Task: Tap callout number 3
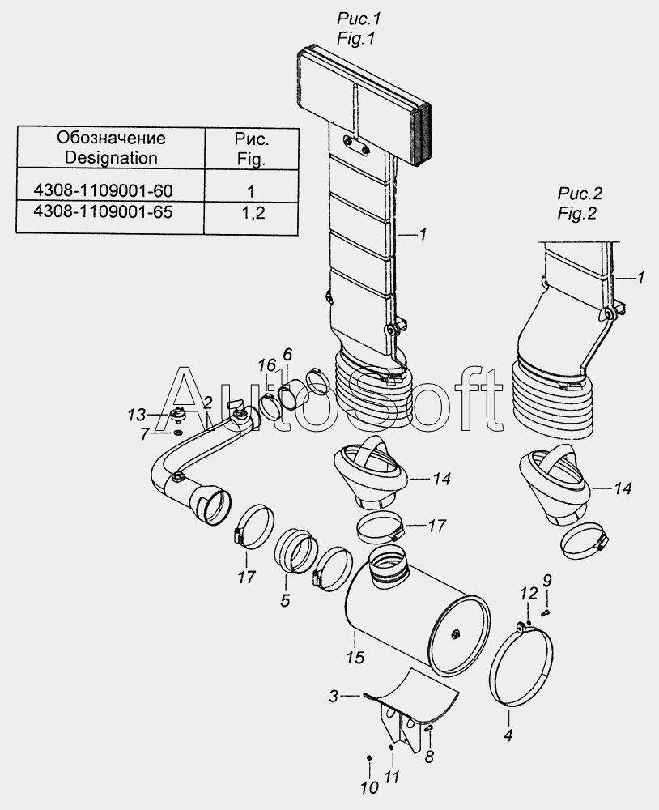[x=334, y=695]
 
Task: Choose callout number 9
[x=547, y=580]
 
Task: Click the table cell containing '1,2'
[x=251, y=213]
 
